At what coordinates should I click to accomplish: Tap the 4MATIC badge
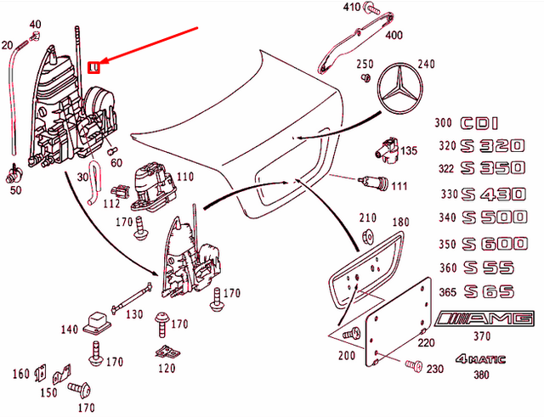point(479,359)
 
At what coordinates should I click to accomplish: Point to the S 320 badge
point(496,145)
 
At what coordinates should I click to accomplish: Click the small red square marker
point(95,65)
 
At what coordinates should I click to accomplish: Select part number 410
point(351,8)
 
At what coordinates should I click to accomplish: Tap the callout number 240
point(426,64)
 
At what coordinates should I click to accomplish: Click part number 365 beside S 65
point(447,293)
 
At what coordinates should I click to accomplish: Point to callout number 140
point(70,330)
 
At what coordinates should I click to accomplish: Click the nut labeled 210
point(368,237)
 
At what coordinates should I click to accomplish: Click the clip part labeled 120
point(167,351)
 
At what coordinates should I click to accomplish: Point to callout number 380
point(483,375)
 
